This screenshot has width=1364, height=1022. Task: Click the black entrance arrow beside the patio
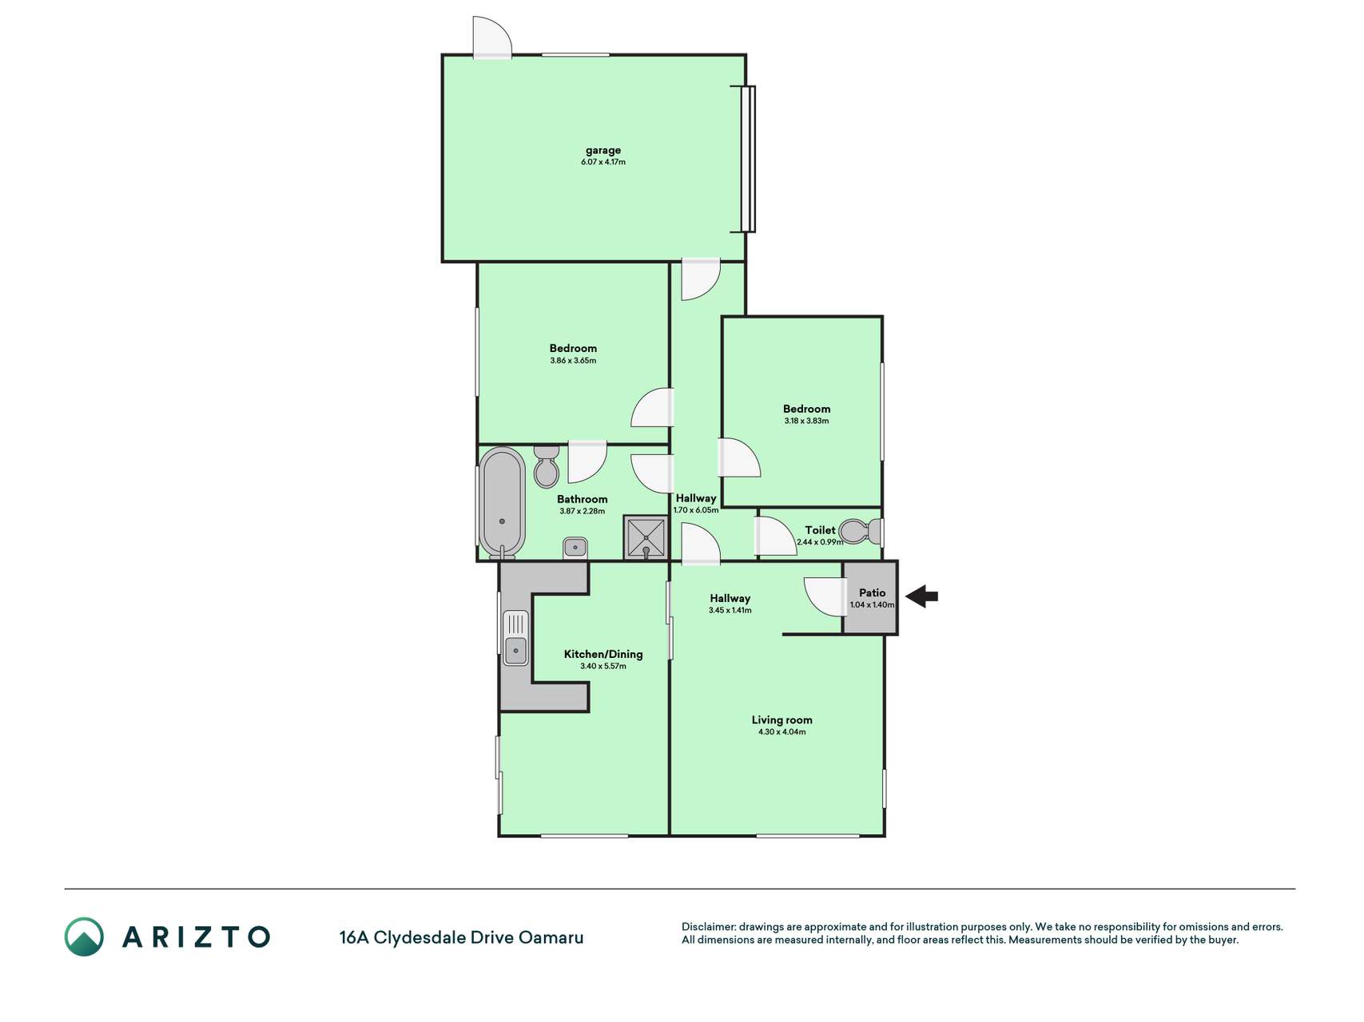(921, 596)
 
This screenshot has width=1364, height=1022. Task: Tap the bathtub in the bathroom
(502, 502)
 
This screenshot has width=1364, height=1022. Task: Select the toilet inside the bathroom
(547, 466)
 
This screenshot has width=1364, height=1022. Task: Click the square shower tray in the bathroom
(646, 537)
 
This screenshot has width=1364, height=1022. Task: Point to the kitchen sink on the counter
(515, 638)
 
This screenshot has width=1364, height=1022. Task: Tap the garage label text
(603, 150)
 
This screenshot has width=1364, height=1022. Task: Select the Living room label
(781, 720)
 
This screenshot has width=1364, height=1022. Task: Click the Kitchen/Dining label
(603, 654)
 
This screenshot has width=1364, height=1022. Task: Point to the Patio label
(872, 592)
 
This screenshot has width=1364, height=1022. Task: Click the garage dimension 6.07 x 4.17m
(603, 162)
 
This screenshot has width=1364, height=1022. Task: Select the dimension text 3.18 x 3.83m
(806, 421)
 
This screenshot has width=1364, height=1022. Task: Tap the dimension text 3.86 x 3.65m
(573, 360)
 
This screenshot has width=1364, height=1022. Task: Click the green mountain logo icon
(84, 937)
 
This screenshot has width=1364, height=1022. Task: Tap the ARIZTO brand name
(196, 937)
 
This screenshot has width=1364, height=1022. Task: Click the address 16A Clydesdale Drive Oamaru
(461, 937)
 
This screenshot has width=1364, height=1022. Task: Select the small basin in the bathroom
(575, 547)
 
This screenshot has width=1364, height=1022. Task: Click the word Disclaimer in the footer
(709, 927)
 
